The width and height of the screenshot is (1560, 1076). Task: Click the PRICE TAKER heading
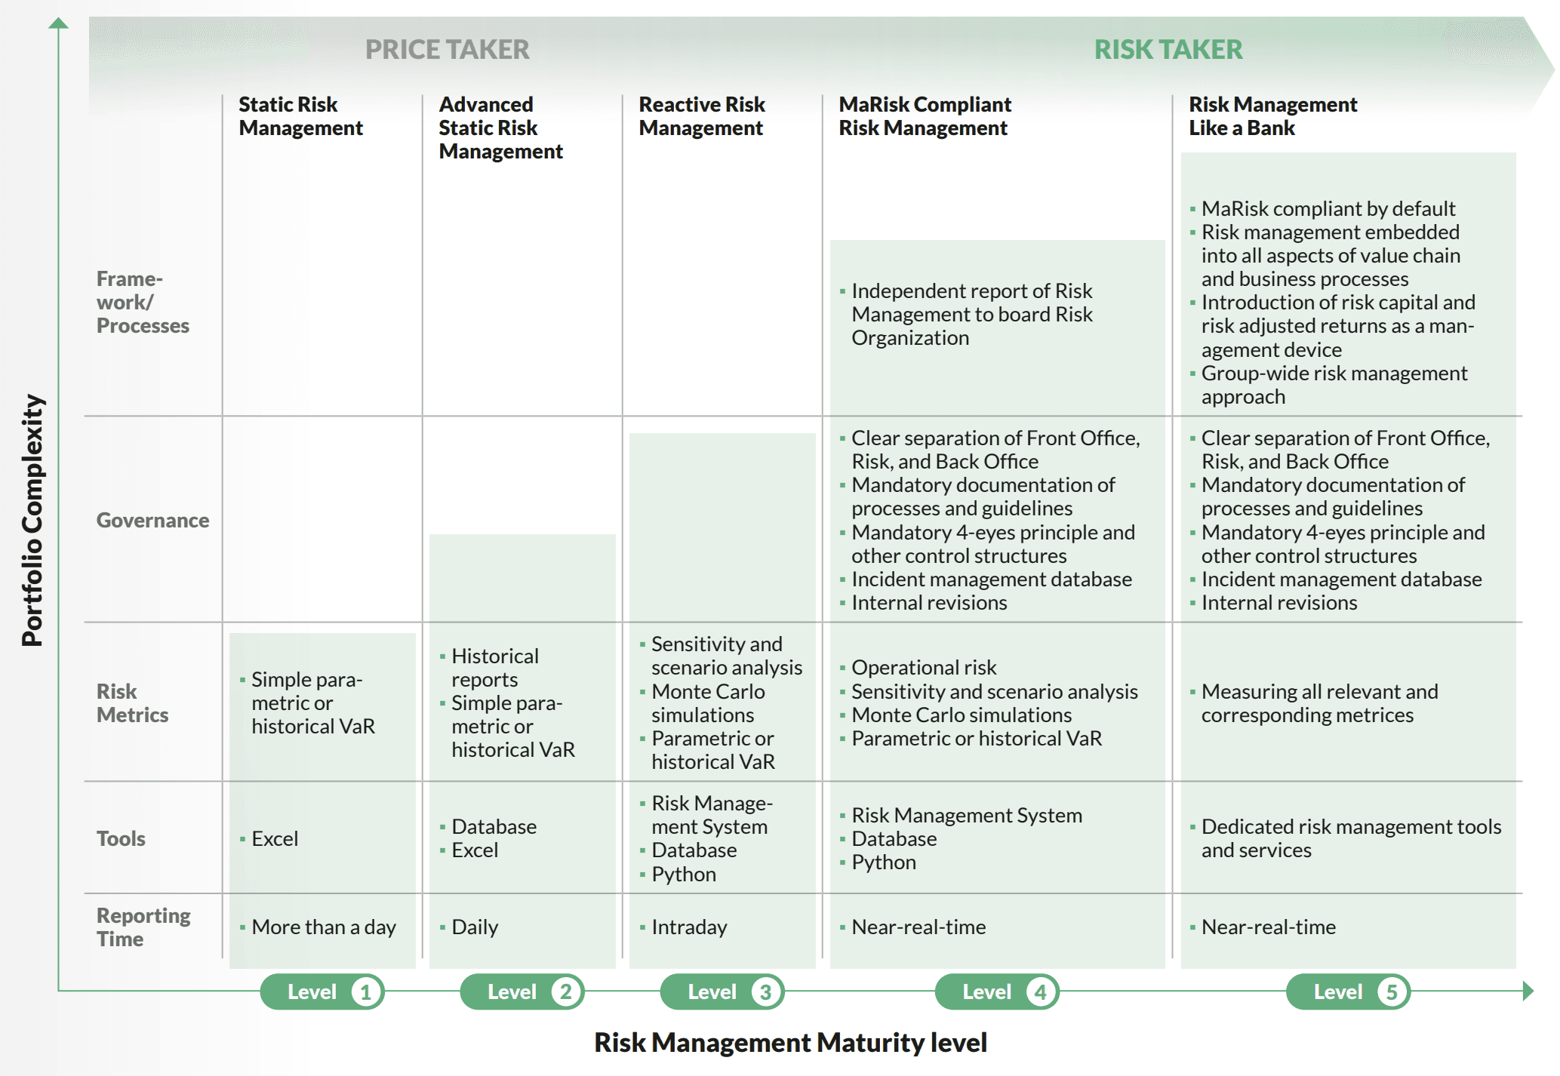click(447, 50)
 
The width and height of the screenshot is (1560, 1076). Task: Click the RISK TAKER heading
click(1168, 50)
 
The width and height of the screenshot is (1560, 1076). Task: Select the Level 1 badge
click(322, 991)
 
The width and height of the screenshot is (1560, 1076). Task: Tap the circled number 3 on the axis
click(765, 991)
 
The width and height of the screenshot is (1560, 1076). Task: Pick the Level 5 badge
click(1348, 991)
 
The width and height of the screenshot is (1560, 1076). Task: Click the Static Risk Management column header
click(300, 116)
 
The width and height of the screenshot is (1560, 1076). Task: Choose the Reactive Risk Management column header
click(702, 116)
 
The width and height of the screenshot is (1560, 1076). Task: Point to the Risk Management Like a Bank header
click(1272, 116)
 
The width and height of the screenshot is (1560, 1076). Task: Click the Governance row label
click(152, 520)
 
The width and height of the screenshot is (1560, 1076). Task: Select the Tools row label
click(121, 838)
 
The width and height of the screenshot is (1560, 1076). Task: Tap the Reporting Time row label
click(143, 927)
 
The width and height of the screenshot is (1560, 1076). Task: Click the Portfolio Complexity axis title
click(32, 520)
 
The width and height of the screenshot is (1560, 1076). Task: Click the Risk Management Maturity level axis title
click(790, 1042)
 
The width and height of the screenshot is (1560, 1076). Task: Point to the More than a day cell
click(323, 927)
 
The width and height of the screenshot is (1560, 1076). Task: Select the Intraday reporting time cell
click(689, 927)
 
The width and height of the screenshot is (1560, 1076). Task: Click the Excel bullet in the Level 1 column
click(275, 838)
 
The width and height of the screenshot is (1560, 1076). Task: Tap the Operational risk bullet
click(924, 668)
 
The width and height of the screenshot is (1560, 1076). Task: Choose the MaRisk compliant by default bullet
click(1328, 208)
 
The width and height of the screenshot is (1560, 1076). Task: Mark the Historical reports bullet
click(494, 668)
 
